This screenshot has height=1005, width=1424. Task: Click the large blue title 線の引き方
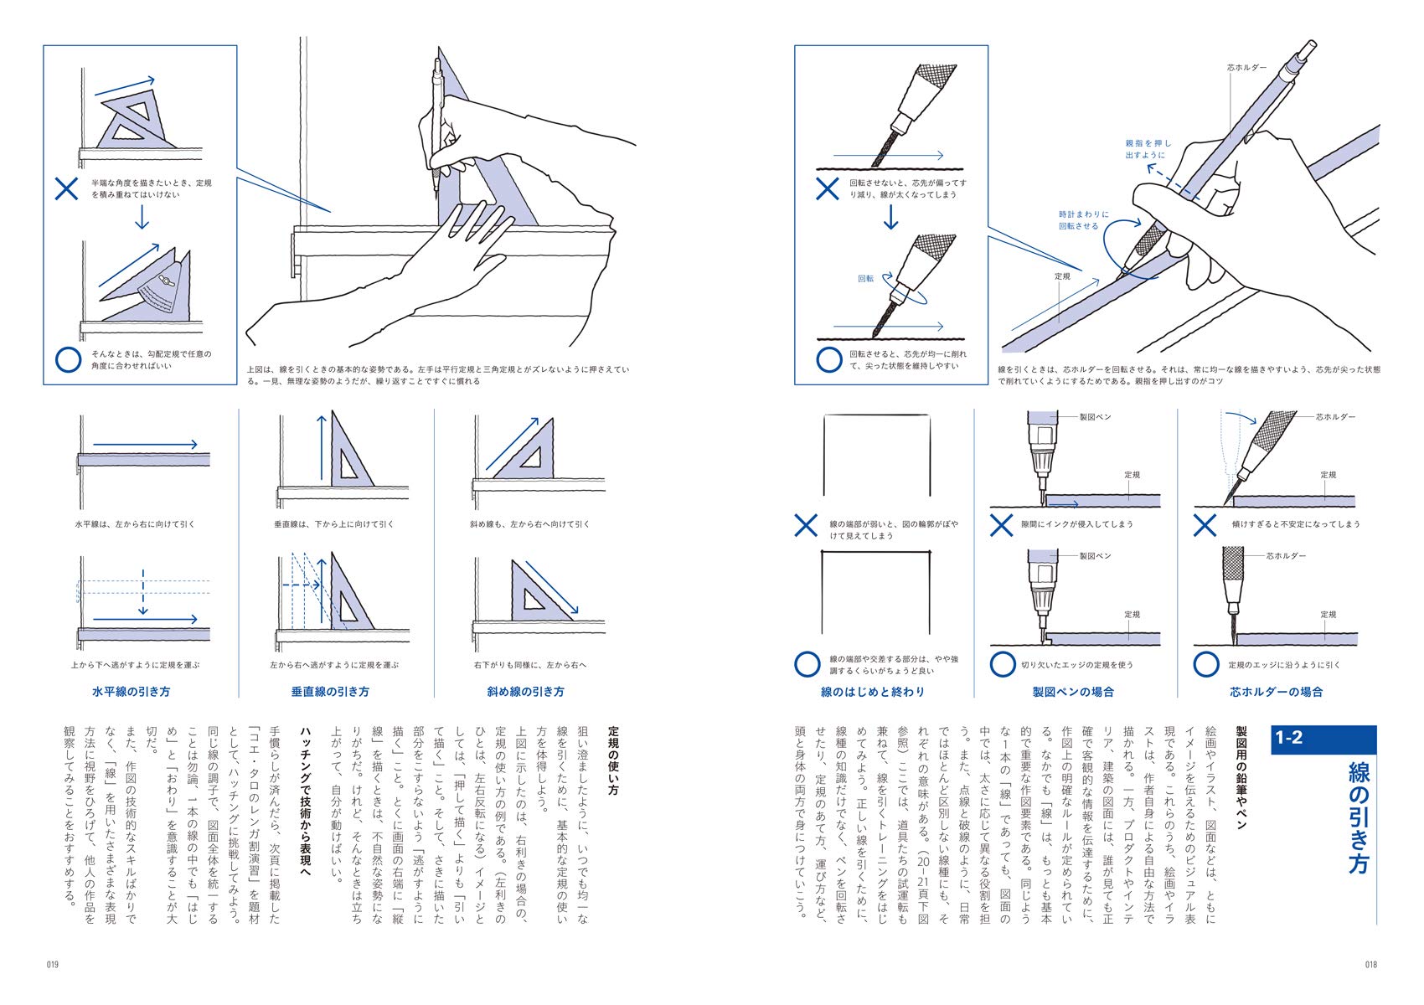[x=1359, y=817]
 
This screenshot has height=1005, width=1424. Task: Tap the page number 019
[x=52, y=965]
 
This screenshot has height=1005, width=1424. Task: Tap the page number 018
[x=1370, y=965]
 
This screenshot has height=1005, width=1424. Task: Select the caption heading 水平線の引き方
[x=131, y=692]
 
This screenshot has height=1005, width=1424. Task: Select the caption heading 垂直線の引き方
[x=330, y=692]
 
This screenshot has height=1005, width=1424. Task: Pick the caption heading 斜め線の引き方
[x=525, y=692]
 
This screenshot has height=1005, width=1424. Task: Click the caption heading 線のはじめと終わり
[x=873, y=692]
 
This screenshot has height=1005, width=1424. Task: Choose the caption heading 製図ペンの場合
[x=1073, y=692]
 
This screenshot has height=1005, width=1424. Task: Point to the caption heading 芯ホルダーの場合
[x=1276, y=692]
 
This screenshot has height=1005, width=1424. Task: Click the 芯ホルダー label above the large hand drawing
[x=1246, y=68]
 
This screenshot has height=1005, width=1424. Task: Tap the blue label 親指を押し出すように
[x=1148, y=149]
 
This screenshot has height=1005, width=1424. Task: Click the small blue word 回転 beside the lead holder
[x=865, y=279]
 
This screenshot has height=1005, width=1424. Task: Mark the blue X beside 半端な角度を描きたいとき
[x=66, y=188]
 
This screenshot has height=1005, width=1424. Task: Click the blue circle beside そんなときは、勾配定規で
[x=68, y=360]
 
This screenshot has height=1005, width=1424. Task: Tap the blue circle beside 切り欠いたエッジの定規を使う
[x=1003, y=665]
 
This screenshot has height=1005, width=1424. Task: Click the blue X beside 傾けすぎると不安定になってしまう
[x=1205, y=525]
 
